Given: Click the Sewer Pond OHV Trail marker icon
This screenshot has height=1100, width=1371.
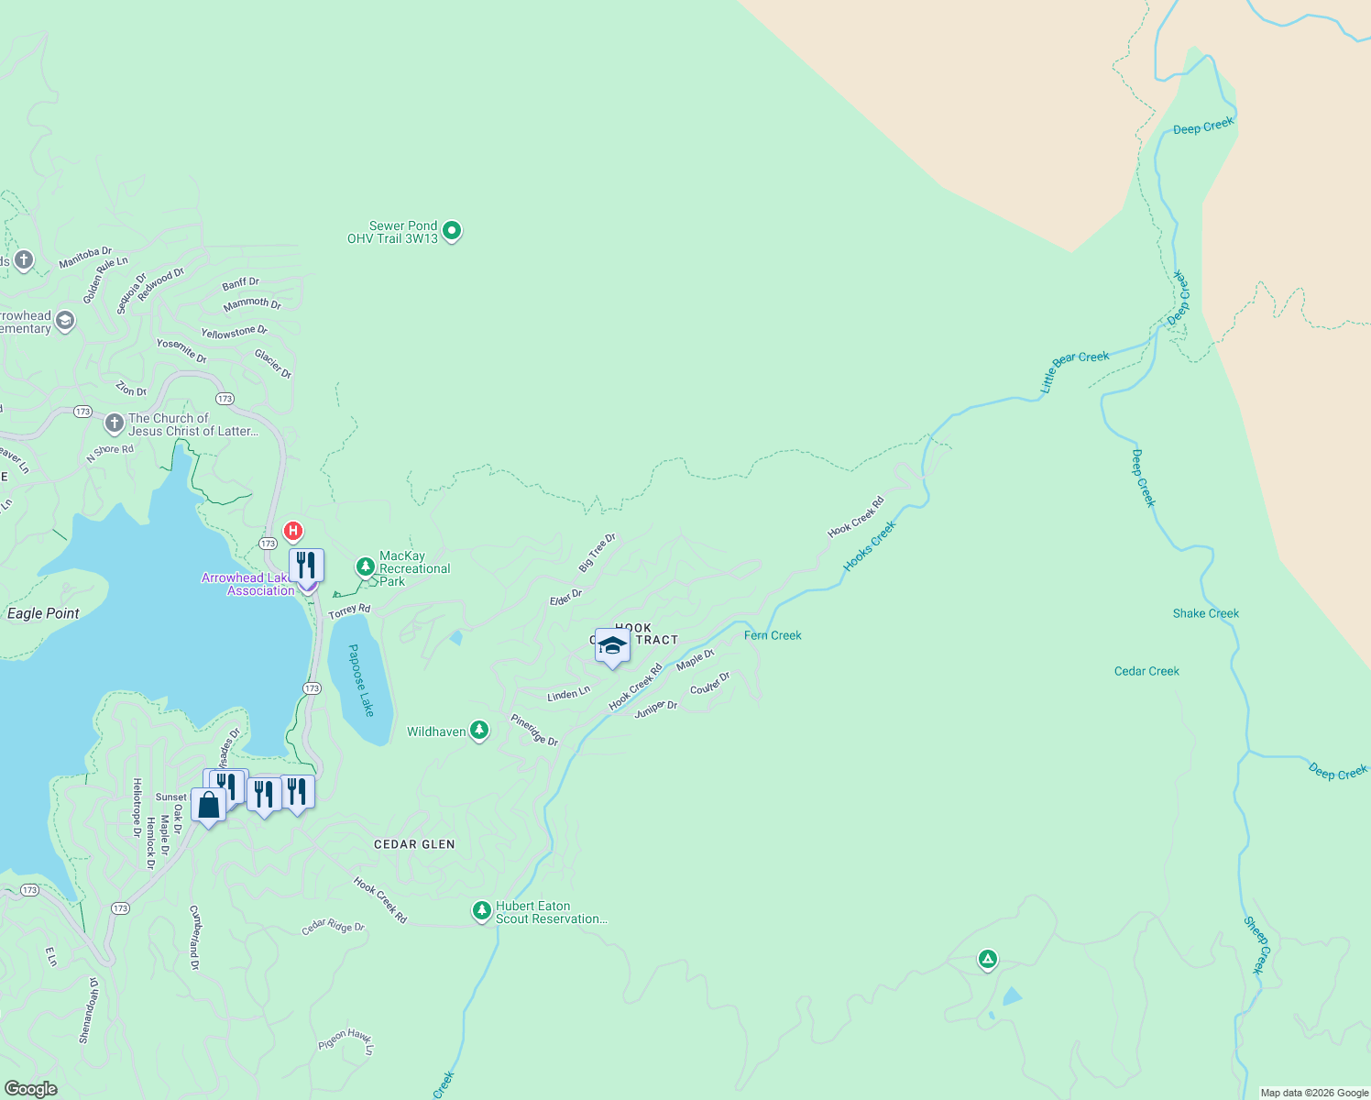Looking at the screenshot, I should click(x=452, y=231).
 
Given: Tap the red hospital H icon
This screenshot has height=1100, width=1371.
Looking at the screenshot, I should click(x=293, y=531).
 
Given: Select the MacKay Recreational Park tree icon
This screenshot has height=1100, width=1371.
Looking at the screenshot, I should click(x=366, y=566).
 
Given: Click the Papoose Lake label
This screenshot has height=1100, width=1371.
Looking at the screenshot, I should click(x=363, y=680).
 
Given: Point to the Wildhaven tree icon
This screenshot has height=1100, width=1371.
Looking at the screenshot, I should click(x=479, y=730).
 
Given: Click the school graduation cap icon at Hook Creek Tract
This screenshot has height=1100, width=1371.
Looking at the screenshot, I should click(x=612, y=646).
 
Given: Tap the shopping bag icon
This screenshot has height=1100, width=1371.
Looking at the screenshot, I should click(x=209, y=805).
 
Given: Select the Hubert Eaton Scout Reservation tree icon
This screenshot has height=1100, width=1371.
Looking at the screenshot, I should click(x=481, y=910).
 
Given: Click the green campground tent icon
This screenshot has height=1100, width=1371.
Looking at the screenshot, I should click(x=987, y=959).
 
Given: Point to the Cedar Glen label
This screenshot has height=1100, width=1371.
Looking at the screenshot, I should click(x=414, y=844).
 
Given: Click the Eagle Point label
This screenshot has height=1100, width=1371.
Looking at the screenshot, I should click(x=43, y=613).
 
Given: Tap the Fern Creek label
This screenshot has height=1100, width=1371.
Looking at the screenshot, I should click(x=773, y=635).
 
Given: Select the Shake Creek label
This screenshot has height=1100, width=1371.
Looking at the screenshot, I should click(x=1205, y=613).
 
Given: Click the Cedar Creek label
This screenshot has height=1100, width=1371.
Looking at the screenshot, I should click(x=1146, y=671).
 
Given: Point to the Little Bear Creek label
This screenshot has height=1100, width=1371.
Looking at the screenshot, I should click(x=1074, y=371).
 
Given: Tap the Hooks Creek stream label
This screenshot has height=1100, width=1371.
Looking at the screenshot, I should click(x=869, y=546).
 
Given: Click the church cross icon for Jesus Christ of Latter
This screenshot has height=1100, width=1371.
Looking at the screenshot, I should click(x=115, y=423).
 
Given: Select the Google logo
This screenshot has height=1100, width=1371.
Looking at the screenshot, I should click(x=31, y=1088).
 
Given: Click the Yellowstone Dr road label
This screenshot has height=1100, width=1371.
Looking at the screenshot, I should click(x=235, y=332).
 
